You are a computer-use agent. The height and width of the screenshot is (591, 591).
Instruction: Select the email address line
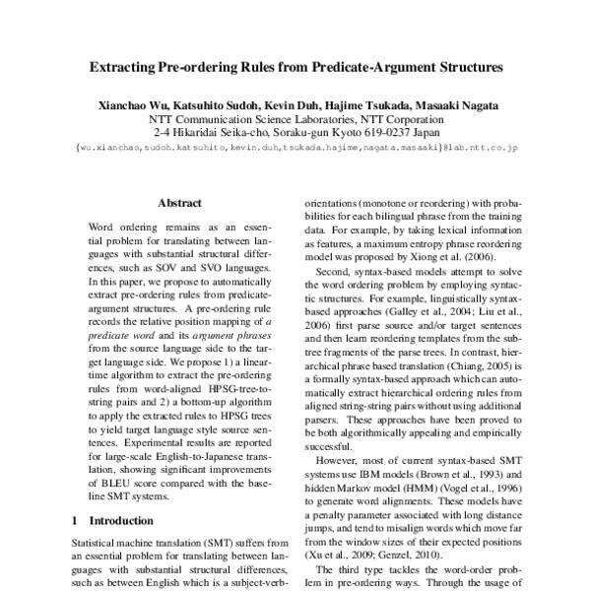pos(295,148)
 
